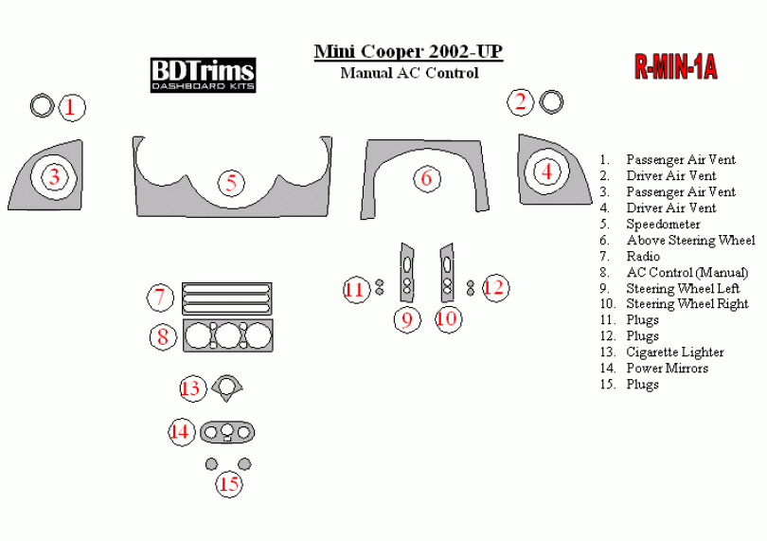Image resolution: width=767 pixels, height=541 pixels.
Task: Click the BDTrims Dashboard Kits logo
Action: point(203,74)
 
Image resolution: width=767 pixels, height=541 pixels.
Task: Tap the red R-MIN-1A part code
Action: point(675,66)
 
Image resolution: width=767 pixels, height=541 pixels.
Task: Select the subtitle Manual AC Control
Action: point(409,73)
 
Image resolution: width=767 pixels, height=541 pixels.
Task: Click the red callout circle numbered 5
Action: point(231,182)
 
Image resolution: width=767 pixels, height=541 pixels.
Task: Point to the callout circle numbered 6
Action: point(426,177)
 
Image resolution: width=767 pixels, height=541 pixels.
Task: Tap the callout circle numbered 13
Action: point(192,388)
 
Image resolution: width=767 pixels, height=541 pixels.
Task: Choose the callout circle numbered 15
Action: point(229,484)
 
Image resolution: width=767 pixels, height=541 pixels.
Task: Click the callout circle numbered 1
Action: point(71,107)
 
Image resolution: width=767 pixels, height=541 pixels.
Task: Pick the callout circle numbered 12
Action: point(494,287)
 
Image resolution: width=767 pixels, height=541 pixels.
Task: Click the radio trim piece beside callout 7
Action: point(226,298)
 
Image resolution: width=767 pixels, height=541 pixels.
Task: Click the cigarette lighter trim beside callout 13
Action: point(227,385)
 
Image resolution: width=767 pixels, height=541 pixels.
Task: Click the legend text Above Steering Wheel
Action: point(690,241)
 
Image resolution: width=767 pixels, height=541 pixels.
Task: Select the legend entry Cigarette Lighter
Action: point(674,352)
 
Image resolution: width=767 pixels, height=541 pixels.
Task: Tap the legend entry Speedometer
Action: point(663,225)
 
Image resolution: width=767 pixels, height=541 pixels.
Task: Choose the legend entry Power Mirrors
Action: point(667,369)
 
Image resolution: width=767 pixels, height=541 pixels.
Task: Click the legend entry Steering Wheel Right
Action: point(687,304)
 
